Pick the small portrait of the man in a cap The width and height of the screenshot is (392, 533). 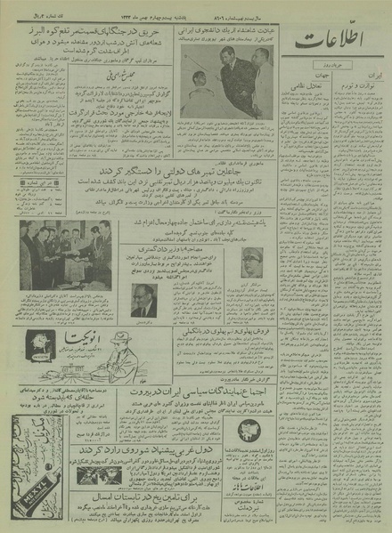pos(252,261)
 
